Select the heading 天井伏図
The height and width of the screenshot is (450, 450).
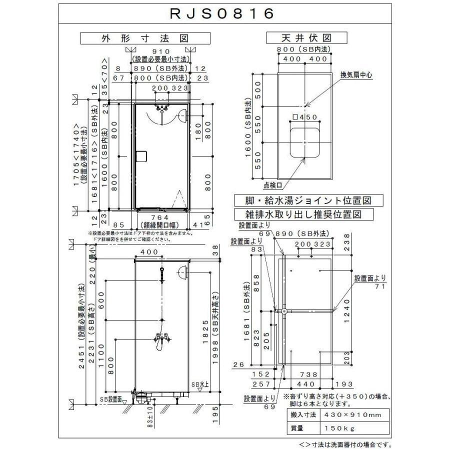click(306, 38)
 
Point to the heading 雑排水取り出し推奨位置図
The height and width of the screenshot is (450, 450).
click(304, 214)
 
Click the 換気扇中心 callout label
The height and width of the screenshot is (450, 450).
click(357, 75)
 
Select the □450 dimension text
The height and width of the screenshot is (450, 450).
click(304, 117)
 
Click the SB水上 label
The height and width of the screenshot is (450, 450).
click(200, 384)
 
